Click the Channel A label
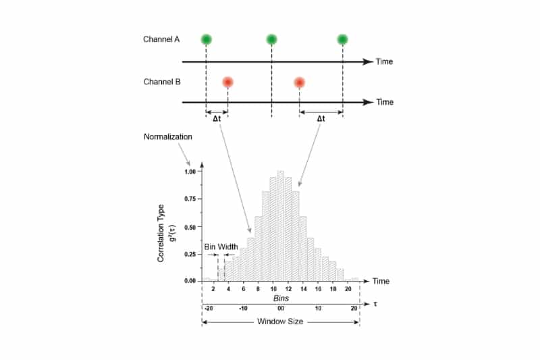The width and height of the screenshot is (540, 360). click(161, 39)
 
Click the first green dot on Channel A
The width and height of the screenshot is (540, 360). click(206, 39)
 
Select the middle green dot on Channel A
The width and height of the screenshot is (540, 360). click(271, 39)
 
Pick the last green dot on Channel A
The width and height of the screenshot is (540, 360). click(342, 39)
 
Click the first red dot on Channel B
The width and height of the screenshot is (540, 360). click(228, 82)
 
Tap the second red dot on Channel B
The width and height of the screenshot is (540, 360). click(300, 82)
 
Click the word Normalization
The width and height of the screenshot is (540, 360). click(168, 136)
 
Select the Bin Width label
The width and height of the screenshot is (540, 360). click(221, 247)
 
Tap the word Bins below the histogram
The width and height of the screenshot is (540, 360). click(281, 298)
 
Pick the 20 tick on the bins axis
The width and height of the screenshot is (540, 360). click(348, 289)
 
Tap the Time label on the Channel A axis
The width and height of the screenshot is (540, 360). click(384, 62)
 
